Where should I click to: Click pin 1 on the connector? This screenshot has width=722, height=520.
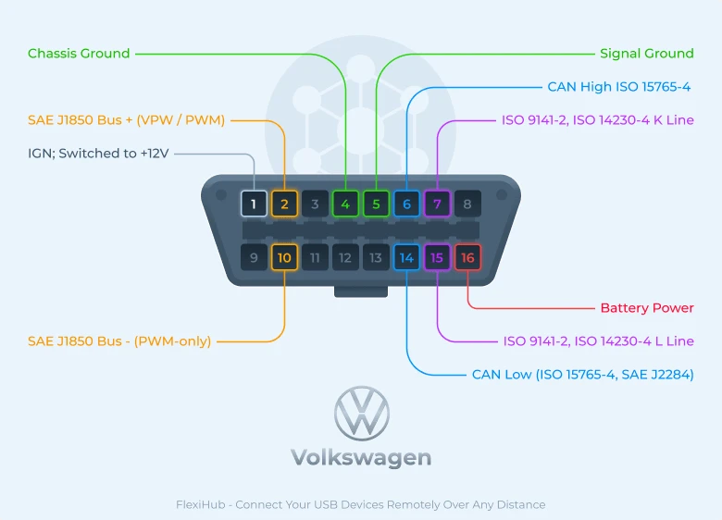click(x=254, y=204)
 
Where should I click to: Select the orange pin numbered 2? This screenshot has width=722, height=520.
click(x=284, y=204)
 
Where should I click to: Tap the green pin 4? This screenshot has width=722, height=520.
click(x=345, y=204)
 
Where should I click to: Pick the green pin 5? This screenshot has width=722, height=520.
click(x=376, y=204)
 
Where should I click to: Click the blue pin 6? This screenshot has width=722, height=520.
click(x=406, y=204)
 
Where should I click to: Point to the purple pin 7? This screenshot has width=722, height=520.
click(x=437, y=204)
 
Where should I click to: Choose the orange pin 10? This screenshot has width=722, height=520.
click(x=284, y=257)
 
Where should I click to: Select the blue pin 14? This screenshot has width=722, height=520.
click(x=406, y=257)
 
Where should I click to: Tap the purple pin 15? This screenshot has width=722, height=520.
click(x=437, y=257)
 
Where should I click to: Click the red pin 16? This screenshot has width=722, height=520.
click(x=467, y=257)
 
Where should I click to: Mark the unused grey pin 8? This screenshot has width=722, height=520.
click(x=467, y=204)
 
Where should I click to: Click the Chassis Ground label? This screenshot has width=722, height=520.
click(x=79, y=54)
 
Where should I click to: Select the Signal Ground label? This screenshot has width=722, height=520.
click(x=646, y=54)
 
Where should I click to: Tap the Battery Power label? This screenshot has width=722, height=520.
click(x=646, y=308)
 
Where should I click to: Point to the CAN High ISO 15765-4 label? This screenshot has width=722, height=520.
click(x=618, y=87)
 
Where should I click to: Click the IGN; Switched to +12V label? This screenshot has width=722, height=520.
click(x=97, y=154)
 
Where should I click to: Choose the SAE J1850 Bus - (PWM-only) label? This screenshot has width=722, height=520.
click(x=119, y=341)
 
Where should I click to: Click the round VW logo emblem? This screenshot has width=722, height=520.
click(x=361, y=413)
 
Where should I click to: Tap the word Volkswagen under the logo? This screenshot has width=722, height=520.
click(x=361, y=458)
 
